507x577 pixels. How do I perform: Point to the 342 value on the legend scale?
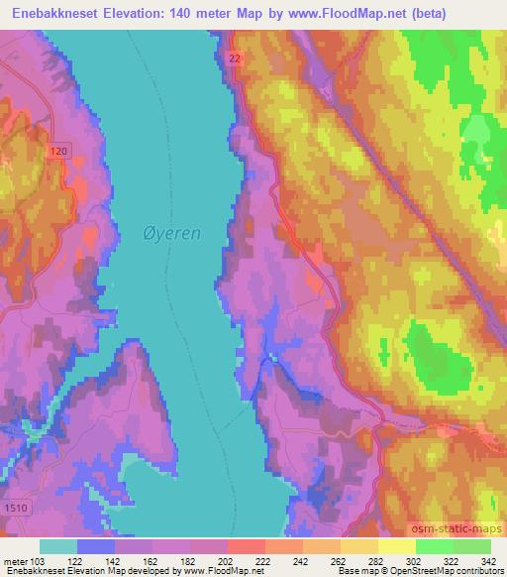pos(489,560)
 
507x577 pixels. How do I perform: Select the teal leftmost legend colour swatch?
pos(58,546)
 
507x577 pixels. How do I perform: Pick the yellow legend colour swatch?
pos(396,546)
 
